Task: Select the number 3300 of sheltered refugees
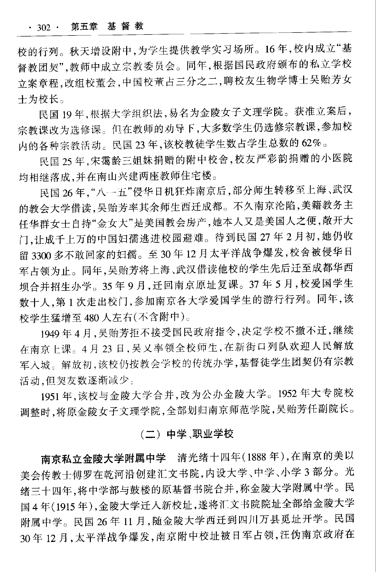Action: pyautogui.click(x=42, y=255)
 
